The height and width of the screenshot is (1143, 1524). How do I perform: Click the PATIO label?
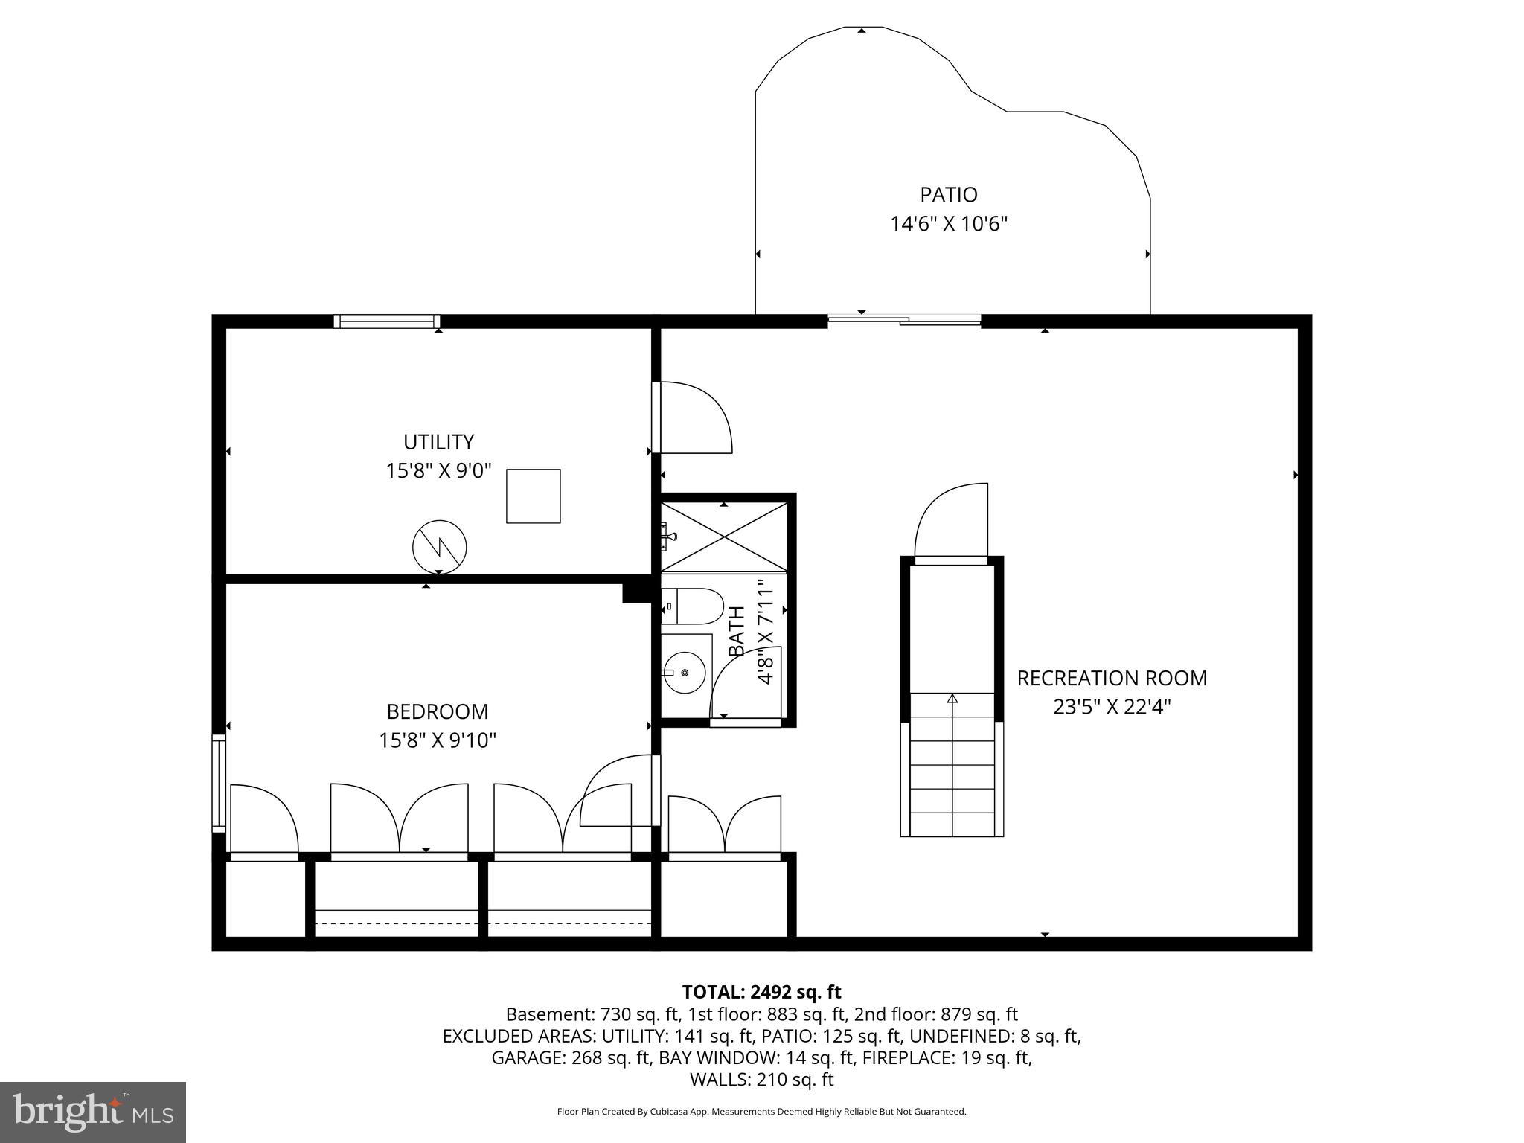948,195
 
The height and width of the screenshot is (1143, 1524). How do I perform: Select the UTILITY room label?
438,442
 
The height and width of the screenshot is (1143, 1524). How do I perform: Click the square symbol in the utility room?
533,496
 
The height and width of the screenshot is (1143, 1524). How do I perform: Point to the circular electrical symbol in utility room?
439,547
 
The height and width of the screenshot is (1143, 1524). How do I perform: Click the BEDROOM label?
438,712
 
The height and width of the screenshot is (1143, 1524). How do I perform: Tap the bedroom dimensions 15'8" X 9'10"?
438,740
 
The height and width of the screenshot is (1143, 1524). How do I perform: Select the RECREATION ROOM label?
1112,679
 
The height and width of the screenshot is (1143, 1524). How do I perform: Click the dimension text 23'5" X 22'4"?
1112,707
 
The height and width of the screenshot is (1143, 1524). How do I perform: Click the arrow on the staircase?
952,699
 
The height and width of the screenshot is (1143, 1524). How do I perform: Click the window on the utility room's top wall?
385,321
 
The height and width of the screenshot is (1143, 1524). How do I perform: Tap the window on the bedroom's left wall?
218,783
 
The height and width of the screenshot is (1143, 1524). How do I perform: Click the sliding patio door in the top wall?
904,321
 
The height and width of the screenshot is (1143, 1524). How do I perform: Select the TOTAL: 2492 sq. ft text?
761,992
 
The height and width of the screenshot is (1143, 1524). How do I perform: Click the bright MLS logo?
93,1112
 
